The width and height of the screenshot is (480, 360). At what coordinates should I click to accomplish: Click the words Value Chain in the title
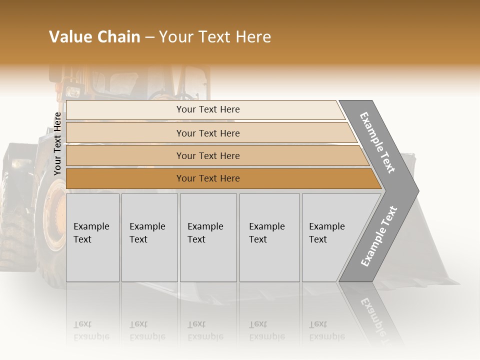click(x=94, y=37)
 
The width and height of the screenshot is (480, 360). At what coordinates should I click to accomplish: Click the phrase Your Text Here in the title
click(x=215, y=37)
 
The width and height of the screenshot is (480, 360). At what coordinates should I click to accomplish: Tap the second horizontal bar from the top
click(x=208, y=133)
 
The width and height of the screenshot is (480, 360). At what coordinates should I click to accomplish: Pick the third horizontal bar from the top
click(x=208, y=155)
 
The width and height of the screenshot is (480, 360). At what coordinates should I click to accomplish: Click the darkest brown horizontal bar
click(x=208, y=178)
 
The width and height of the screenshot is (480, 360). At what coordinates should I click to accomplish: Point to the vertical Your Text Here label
click(x=58, y=143)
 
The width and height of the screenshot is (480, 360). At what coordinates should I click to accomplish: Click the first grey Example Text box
click(x=92, y=237)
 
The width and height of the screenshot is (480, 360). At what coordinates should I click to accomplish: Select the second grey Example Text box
click(x=149, y=237)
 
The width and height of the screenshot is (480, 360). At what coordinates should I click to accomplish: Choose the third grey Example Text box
click(x=208, y=237)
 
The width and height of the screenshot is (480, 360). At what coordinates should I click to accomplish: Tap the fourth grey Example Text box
click(x=269, y=237)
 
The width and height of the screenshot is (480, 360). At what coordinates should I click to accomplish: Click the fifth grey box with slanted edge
click(x=330, y=237)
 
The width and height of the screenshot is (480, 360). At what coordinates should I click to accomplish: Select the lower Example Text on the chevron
click(x=379, y=236)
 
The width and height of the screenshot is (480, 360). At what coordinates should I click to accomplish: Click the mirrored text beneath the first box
click(x=91, y=330)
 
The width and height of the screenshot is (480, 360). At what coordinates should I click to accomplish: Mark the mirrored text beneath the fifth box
click(x=327, y=330)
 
